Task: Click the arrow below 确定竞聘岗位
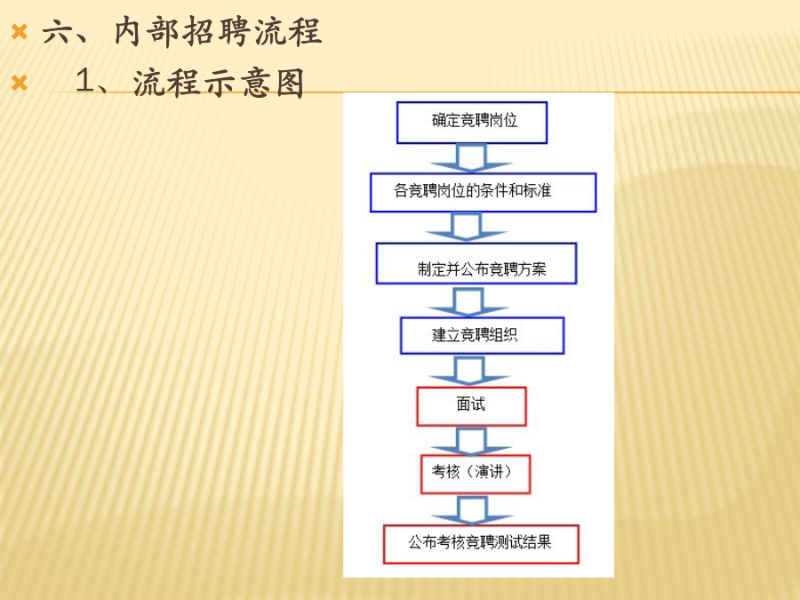[471, 158]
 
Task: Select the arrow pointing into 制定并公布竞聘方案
[467, 227]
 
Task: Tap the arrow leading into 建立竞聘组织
[468, 302]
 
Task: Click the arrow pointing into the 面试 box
[469, 371]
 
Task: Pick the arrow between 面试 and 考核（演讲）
[471, 441]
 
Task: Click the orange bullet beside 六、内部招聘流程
[20, 32]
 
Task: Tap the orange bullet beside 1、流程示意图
[20, 83]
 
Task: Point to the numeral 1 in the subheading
[85, 81]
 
